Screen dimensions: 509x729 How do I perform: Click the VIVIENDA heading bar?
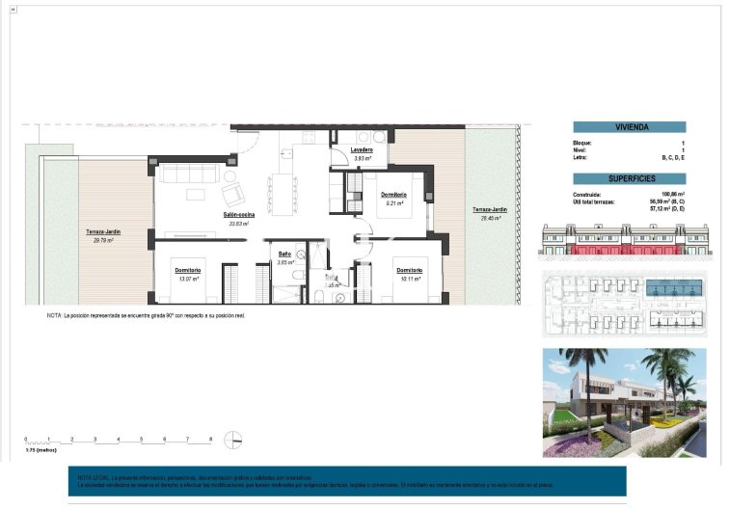point(630,127)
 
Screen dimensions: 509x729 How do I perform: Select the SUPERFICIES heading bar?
point(630,179)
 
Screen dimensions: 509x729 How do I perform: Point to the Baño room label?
point(285,254)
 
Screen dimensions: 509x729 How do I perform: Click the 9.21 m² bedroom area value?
point(392,203)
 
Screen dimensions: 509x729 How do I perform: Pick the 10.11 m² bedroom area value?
point(409,279)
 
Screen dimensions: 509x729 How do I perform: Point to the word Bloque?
point(582,143)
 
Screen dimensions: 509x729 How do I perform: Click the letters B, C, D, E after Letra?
point(673,157)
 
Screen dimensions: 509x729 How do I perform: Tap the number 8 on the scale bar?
point(210,440)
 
